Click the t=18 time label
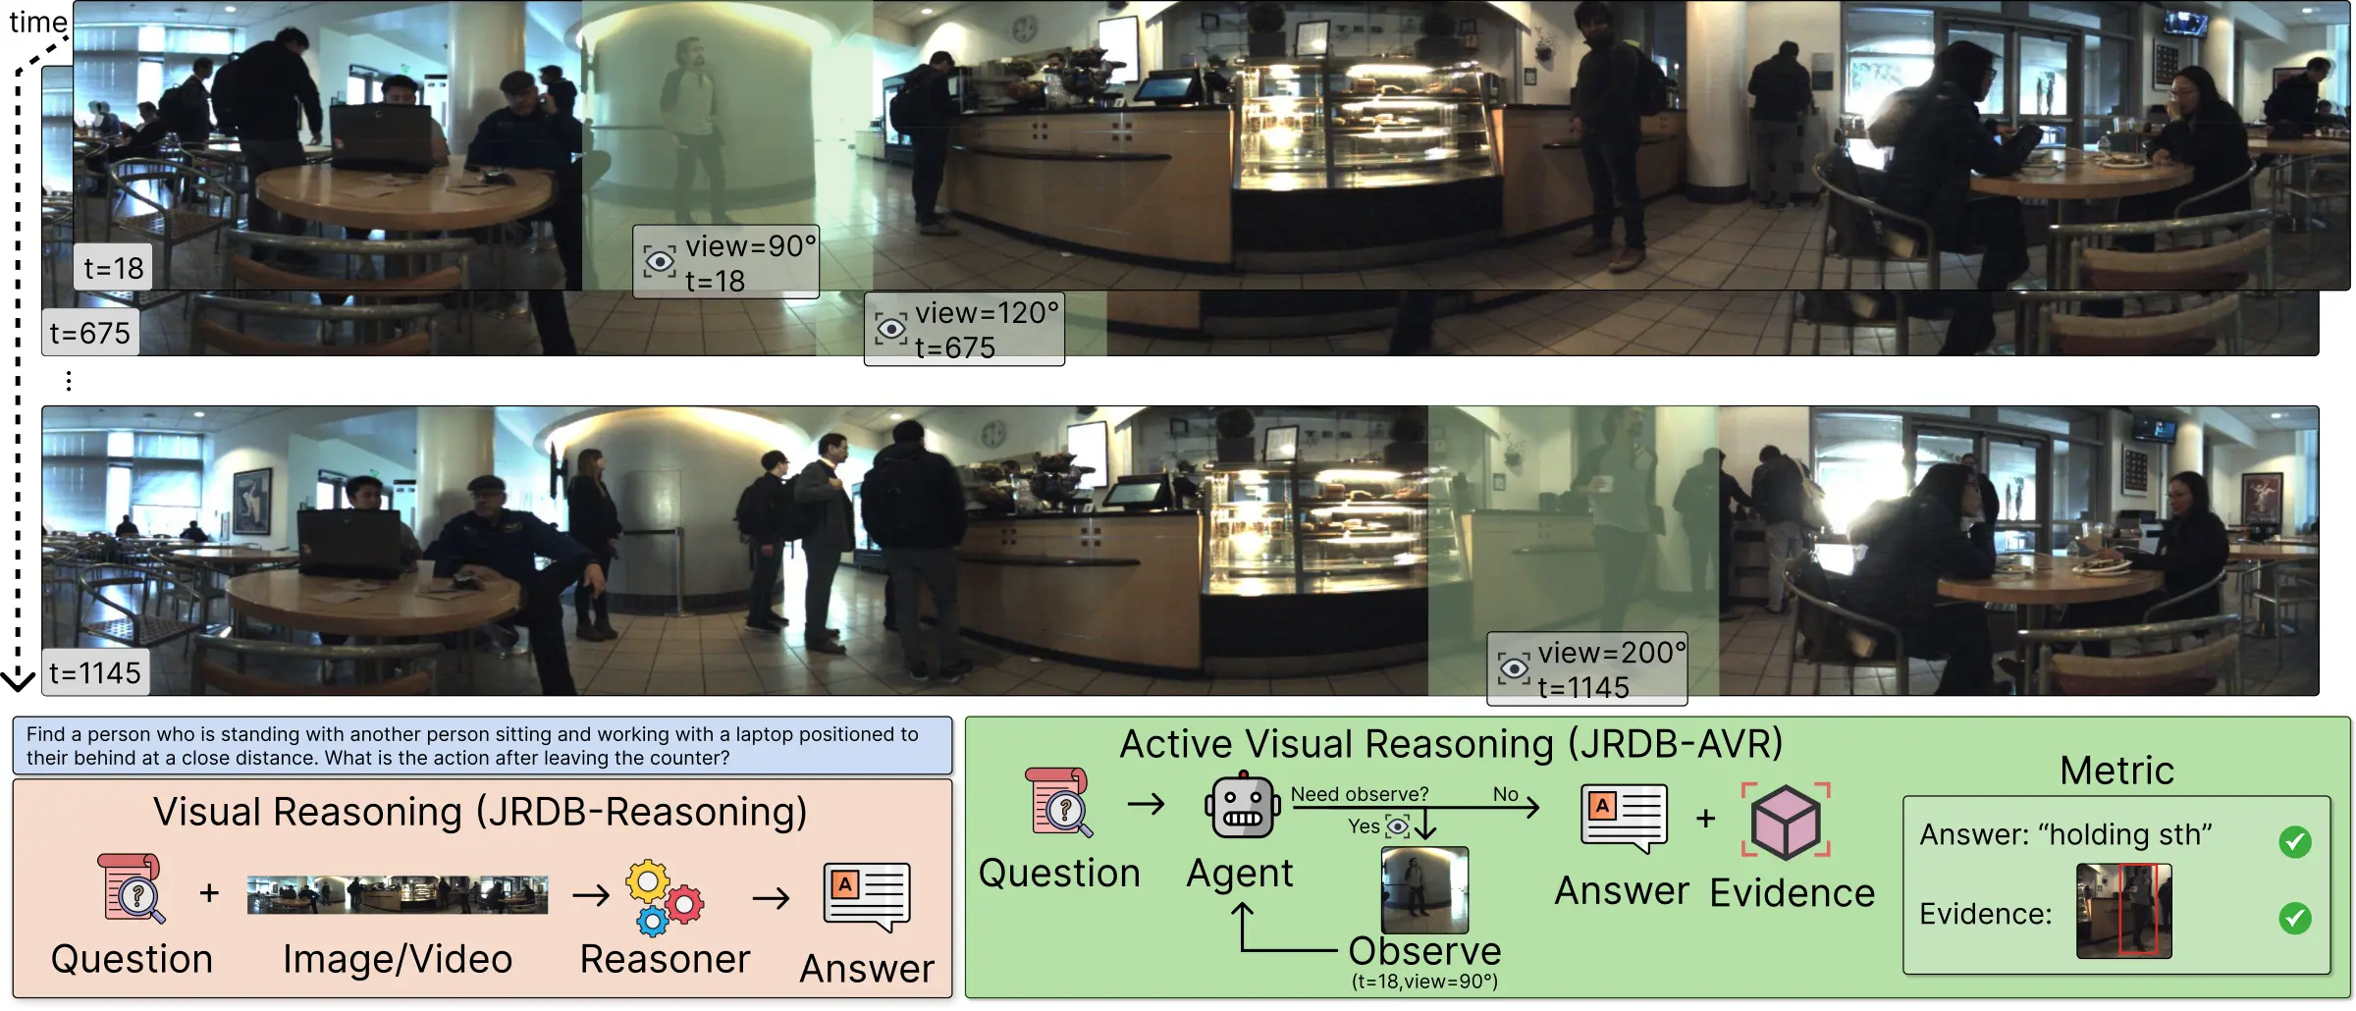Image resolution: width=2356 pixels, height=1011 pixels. pos(113,267)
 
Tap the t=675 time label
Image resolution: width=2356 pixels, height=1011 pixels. pos(89,333)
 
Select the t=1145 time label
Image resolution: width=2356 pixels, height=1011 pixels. pos(95,672)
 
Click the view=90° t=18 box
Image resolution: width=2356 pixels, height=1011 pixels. pos(725,262)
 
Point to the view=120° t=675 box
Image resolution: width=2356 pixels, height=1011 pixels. pos(964,329)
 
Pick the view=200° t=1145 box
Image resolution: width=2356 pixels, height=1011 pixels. pos(1587,668)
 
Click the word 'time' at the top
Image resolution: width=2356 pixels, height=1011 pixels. pos(38,21)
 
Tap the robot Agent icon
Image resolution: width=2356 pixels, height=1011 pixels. pos(1243,806)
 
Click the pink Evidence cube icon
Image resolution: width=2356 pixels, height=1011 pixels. pos(1786,821)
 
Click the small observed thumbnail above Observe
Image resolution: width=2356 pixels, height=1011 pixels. pos(1424,890)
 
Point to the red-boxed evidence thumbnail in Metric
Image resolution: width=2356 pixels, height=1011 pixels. pos(2123,911)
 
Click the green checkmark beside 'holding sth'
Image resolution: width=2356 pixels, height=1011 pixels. pos(2295,841)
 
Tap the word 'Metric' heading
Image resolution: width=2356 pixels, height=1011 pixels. pos(2116,771)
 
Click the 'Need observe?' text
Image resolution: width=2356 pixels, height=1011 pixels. pos(1360,794)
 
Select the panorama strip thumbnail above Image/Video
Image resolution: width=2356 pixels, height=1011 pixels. pos(398,895)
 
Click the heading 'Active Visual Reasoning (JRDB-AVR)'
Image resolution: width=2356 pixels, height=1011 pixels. pos(1451,744)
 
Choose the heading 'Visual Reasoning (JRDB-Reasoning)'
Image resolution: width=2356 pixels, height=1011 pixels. pos(480,813)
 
